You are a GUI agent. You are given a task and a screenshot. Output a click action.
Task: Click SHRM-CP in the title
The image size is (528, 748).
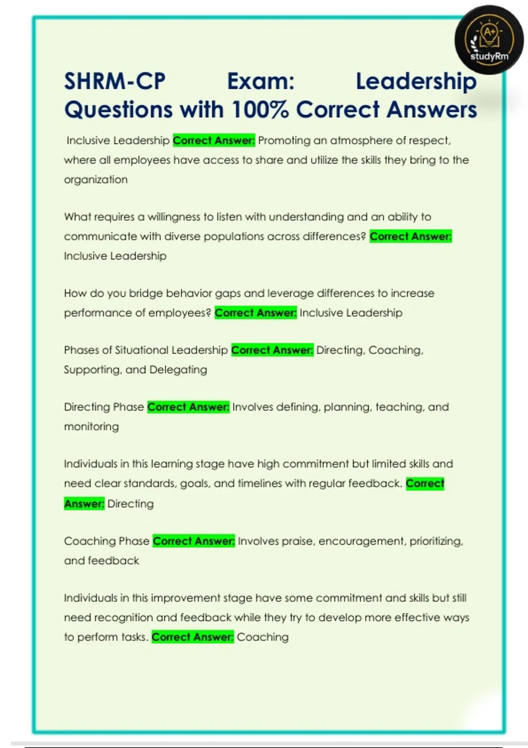115,81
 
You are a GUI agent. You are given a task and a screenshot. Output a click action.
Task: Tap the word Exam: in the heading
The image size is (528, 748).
260,81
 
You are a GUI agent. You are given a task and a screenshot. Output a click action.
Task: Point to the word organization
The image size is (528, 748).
96,180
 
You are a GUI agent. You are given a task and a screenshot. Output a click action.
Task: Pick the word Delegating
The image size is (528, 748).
178,370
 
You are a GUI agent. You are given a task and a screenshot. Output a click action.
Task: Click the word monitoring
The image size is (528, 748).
92,426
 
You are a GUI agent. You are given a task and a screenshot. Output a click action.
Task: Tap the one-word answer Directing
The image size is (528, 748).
131,503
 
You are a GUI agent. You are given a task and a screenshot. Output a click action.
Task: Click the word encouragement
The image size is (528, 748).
361,541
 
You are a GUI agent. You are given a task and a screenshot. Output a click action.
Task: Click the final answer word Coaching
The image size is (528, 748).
263,637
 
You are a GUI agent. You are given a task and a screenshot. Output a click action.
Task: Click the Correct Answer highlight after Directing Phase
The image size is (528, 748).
188,407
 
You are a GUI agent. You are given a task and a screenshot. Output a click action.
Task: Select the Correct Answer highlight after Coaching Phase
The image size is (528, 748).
194,541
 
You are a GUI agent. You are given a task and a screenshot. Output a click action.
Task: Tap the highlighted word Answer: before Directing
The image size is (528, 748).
84,503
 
